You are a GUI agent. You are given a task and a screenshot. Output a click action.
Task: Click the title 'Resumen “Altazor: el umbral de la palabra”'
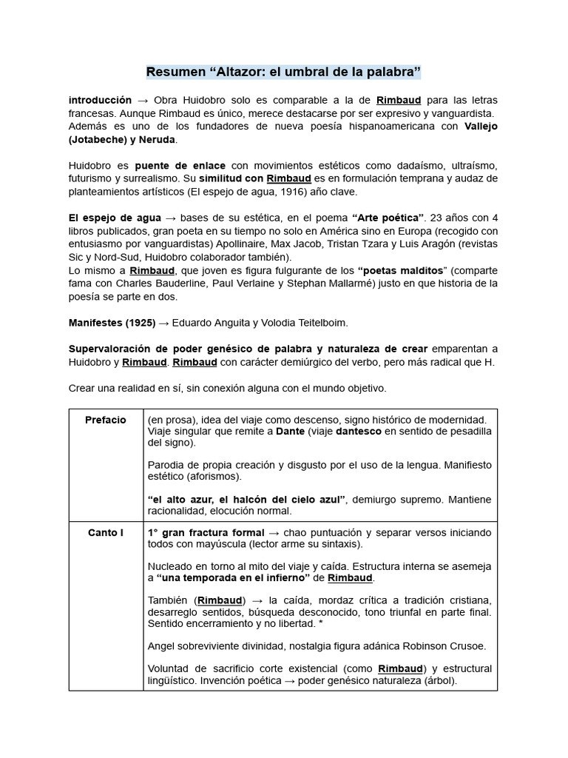click(283, 72)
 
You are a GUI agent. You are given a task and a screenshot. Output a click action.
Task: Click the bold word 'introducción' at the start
click(100, 100)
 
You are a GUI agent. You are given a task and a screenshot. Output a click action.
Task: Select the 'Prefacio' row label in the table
click(106, 420)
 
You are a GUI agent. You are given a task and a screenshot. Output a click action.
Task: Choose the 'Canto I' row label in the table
click(106, 533)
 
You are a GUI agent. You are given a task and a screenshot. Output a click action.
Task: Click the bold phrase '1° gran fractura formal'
click(206, 533)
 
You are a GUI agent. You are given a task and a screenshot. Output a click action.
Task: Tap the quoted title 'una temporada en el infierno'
click(234, 578)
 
